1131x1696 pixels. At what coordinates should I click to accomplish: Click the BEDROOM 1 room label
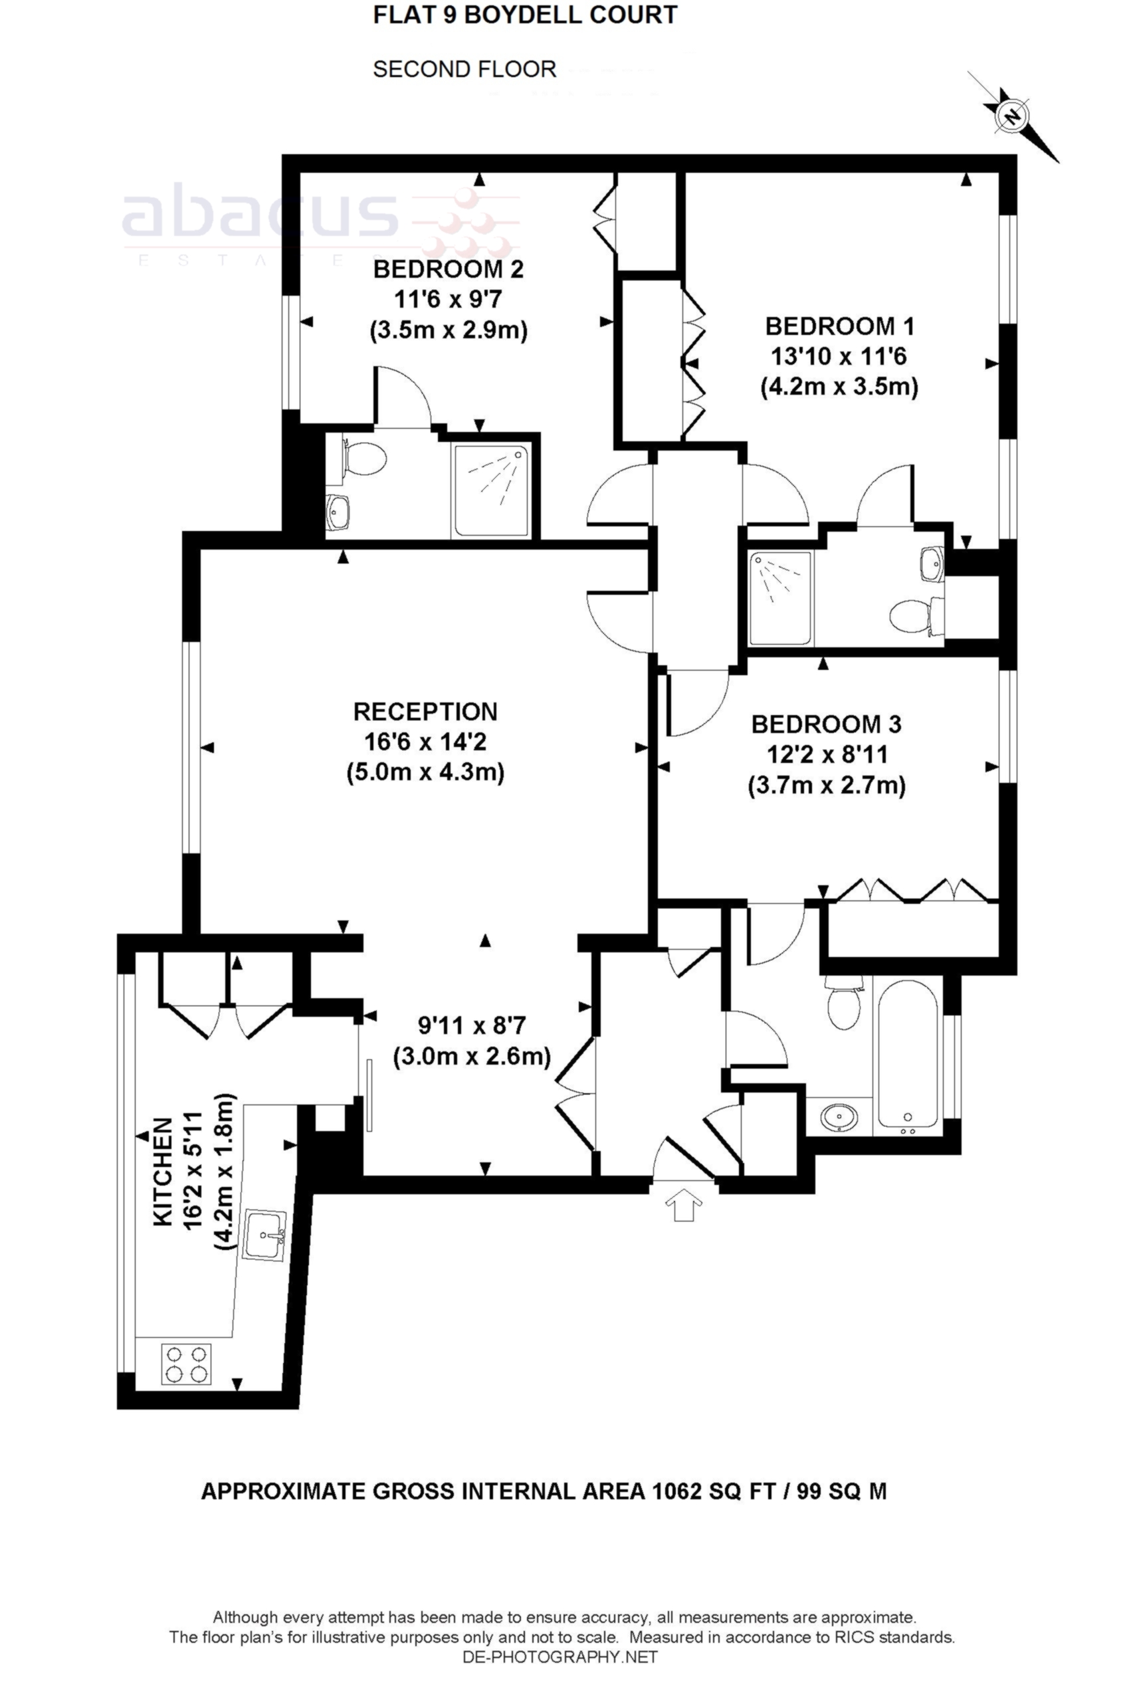pyautogui.click(x=839, y=327)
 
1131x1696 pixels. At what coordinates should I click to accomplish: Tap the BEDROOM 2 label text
pyautogui.click(x=448, y=270)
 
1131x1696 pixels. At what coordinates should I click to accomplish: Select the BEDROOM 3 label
pyautogui.click(x=826, y=724)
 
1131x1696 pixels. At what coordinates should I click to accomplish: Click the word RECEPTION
pyautogui.click(x=425, y=712)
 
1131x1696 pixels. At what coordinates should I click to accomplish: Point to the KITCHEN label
pyautogui.click(x=163, y=1172)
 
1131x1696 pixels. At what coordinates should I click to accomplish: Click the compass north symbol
pyautogui.click(x=1013, y=116)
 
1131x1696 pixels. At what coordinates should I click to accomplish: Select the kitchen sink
pyautogui.click(x=264, y=1235)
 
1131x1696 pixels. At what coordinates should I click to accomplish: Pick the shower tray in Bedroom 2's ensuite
pyautogui.click(x=492, y=490)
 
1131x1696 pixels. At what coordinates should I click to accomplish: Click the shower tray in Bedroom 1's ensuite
pyautogui.click(x=781, y=598)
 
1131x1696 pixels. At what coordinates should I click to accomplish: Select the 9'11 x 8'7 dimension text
pyautogui.click(x=472, y=1025)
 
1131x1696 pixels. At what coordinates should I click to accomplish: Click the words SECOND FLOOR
pyautogui.click(x=464, y=70)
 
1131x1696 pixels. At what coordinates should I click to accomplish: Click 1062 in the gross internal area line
pyautogui.click(x=676, y=1491)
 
